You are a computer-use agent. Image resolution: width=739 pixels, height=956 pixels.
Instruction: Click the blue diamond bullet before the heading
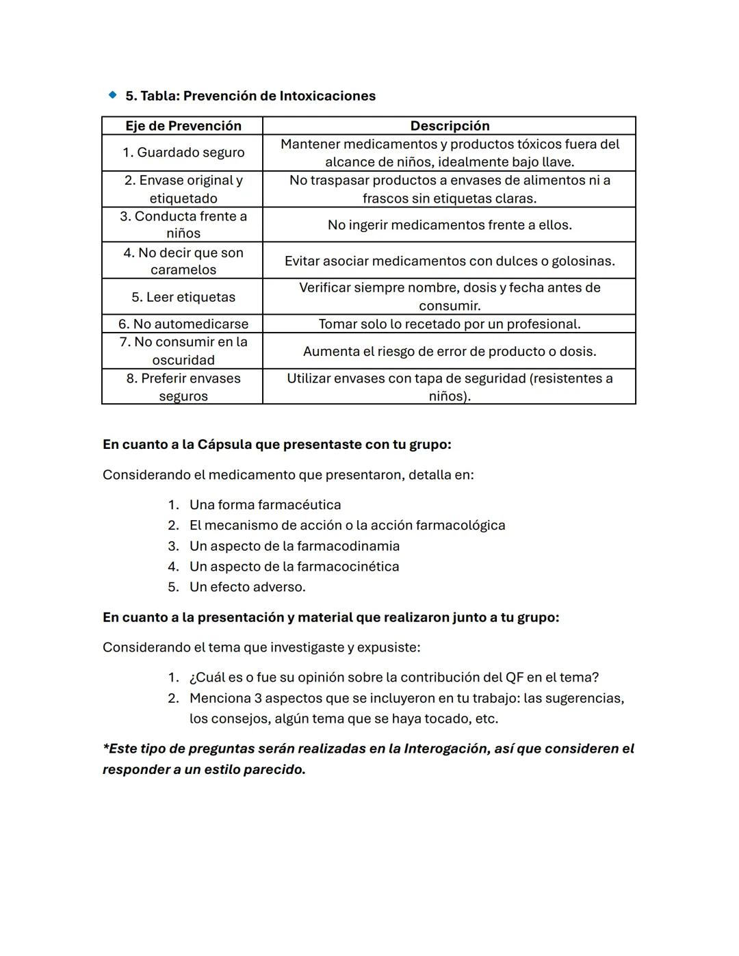(112, 95)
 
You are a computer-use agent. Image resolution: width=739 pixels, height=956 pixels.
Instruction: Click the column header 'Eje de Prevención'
(183, 126)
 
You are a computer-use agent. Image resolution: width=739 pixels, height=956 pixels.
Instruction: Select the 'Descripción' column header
(450, 126)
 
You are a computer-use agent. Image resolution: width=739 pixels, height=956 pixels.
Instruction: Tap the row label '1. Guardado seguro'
(183, 153)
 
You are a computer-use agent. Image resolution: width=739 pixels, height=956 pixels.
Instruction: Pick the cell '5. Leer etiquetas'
(183, 297)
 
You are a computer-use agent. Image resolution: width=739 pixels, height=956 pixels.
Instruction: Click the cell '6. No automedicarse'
(183, 324)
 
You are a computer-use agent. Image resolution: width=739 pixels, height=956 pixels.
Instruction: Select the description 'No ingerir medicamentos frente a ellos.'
(450, 225)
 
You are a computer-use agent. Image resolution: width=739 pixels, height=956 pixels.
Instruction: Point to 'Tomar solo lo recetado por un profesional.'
(450, 324)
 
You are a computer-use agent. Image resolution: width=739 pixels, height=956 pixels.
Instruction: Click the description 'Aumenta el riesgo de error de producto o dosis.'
(450, 351)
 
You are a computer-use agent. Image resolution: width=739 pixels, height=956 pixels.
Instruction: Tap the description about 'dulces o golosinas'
(450, 261)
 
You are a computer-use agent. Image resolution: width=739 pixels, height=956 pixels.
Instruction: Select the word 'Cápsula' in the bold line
(224, 445)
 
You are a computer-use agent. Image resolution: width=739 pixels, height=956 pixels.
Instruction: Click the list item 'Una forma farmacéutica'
(265, 505)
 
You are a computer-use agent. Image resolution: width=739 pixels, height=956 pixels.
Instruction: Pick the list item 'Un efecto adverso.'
(247, 587)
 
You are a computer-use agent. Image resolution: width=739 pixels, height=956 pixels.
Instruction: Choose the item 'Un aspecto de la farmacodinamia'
(294, 546)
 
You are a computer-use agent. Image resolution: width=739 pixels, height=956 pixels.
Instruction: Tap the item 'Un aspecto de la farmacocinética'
(294, 567)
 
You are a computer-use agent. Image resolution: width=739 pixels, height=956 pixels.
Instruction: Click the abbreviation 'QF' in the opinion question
(515, 677)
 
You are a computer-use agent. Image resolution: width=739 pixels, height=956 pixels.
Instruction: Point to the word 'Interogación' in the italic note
(445, 749)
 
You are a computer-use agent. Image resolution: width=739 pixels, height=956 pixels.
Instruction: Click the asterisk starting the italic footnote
(105, 747)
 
